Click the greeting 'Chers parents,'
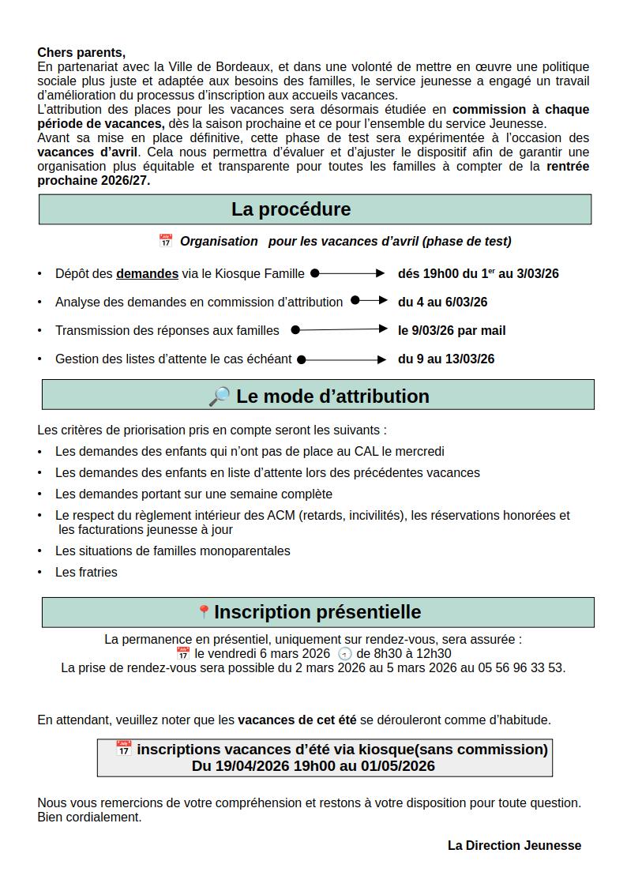(81, 53)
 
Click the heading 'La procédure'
(291, 209)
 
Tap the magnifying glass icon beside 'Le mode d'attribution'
(219, 397)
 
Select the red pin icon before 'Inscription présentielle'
(204, 612)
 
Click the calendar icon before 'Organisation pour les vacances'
(165, 241)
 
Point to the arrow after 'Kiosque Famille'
(347, 273)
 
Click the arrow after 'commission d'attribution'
(369, 300)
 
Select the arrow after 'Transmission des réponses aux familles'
(340, 329)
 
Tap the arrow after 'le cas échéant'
(342, 359)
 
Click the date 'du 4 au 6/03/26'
(442, 302)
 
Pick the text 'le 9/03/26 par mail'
(452, 330)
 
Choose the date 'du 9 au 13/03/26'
(446, 359)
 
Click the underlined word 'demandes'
(147, 274)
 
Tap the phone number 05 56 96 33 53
(524, 667)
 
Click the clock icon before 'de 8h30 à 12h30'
(344, 654)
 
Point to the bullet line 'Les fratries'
(86, 572)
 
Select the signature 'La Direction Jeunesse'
(514, 845)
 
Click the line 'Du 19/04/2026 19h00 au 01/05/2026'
(313, 765)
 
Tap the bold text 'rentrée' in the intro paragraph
(567, 167)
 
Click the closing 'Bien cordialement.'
(89, 817)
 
